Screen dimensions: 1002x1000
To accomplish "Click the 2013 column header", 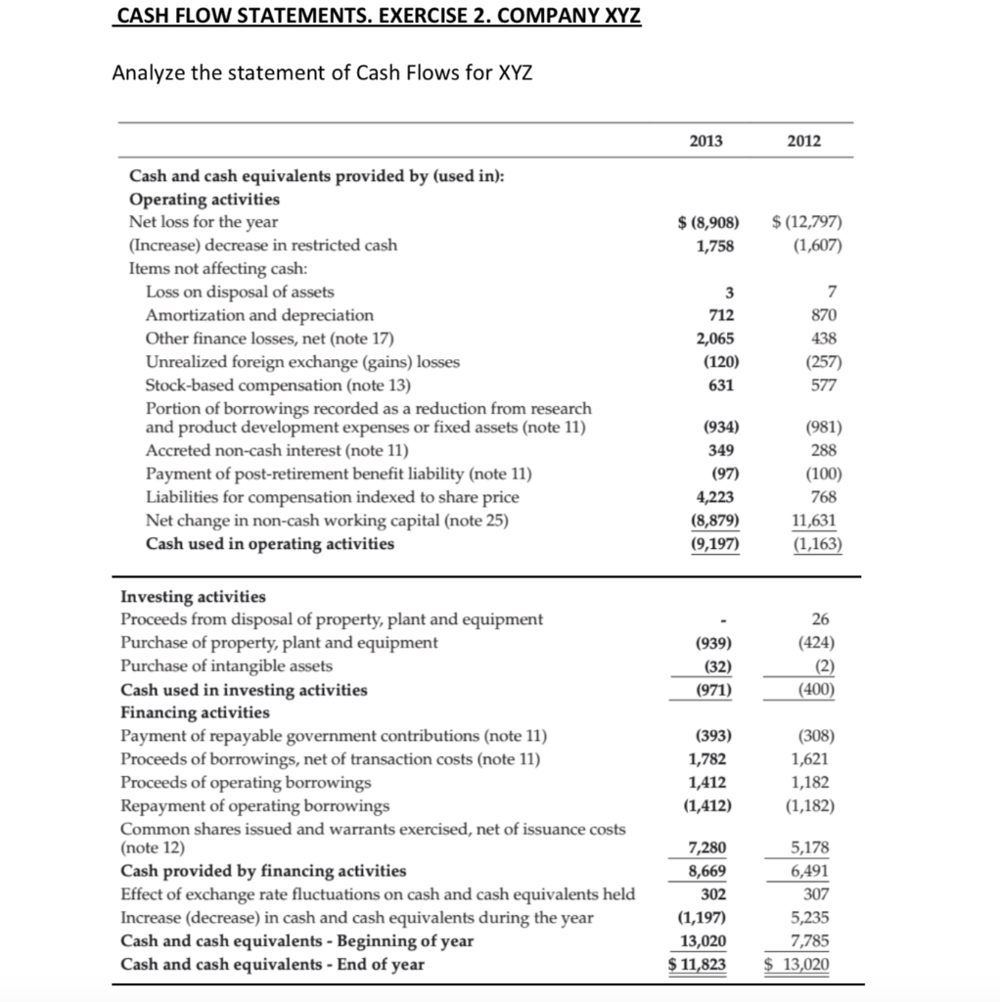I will click(x=705, y=141).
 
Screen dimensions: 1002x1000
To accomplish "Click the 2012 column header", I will click(x=804, y=141).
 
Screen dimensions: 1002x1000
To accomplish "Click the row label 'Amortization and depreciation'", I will click(x=259, y=315).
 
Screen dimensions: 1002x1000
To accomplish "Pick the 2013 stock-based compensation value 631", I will click(x=722, y=385).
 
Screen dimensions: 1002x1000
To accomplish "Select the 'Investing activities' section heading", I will click(x=193, y=596).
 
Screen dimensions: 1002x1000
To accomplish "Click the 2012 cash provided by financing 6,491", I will click(x=819, y=870).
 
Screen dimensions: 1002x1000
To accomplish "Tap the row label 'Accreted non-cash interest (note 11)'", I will click(x=277, y=451).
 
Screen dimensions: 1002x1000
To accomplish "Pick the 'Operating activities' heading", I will click(x=205, y=199).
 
